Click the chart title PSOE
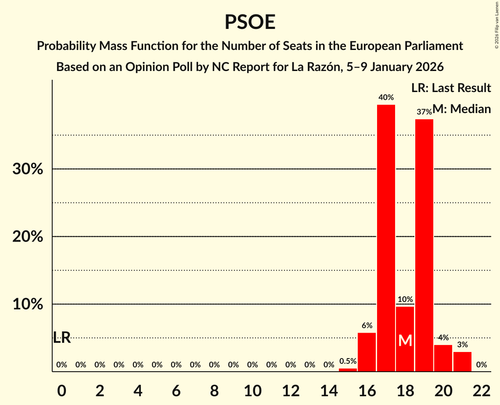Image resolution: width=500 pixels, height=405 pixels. pos(250,22)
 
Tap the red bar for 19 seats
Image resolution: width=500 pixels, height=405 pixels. pos(424,245)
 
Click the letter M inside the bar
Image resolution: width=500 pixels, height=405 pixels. pos(405,341)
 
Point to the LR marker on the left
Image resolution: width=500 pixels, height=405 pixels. pos(62,337)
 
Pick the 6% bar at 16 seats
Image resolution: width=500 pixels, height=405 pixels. pos(367,352)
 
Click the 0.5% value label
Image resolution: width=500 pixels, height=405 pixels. pos(348,361)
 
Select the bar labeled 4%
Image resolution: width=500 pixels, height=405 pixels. pos(443,358)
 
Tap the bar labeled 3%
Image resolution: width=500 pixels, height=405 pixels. pos(462,362)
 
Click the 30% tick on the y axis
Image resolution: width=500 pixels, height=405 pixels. pos(28,169)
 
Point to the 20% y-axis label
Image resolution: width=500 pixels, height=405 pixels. pos(28,237)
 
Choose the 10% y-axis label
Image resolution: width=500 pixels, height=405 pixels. pos(28,304)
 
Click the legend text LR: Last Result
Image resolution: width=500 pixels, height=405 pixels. pos(451,88)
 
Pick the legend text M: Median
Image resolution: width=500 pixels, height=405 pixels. pos(461,109)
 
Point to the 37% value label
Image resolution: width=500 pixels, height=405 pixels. pos(424,112)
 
